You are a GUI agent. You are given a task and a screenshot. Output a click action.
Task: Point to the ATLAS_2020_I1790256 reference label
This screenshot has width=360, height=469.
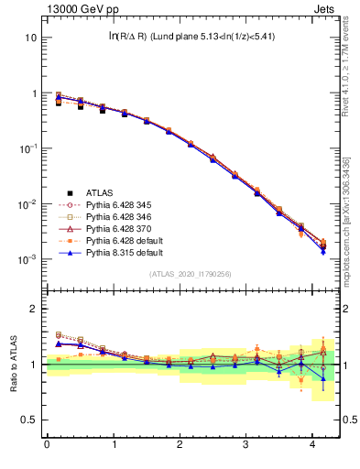click(x=191, y=274)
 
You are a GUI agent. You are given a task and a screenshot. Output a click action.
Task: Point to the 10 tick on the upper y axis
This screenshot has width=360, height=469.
click(x=31, y=38)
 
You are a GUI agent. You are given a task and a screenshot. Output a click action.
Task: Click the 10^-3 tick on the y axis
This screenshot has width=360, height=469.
click(x=27, y=259)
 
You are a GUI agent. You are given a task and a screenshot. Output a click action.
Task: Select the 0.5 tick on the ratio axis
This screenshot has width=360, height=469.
click(x=29, y=420)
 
